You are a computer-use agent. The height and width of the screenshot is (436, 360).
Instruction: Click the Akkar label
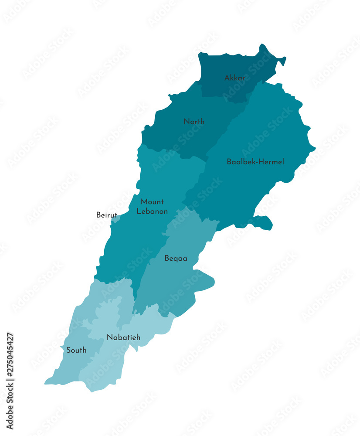234,78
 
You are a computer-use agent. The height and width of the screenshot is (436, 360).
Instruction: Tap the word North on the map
194,122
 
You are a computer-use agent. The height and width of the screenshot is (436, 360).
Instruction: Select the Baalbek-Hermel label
255,162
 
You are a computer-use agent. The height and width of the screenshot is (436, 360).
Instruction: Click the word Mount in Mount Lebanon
152,202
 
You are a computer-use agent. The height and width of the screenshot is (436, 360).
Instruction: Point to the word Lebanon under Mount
152,211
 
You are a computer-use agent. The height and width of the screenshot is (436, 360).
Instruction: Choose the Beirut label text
106,215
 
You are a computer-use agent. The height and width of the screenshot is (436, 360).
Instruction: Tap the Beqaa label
176,259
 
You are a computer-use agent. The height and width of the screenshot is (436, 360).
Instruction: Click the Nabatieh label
123,337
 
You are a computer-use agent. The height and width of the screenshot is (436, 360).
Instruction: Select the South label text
76,350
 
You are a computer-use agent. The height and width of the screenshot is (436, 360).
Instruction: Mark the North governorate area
174,135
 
